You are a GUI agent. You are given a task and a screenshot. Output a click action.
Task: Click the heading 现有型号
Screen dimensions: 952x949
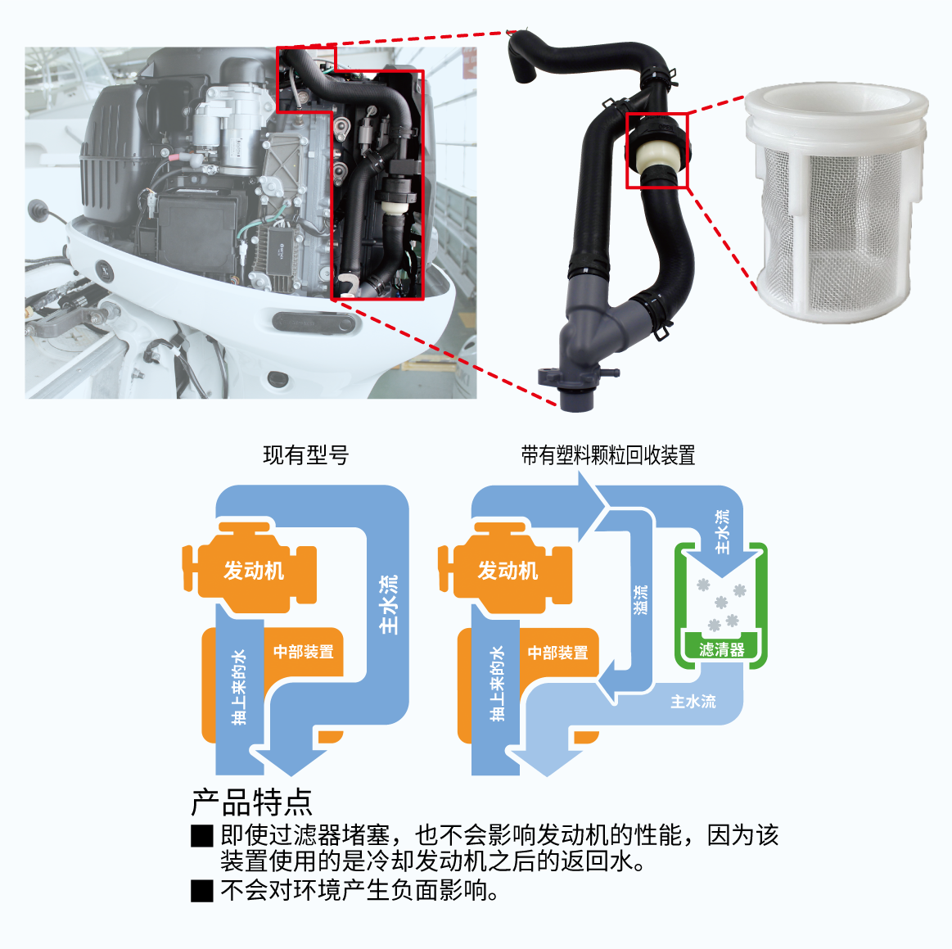[305, 455]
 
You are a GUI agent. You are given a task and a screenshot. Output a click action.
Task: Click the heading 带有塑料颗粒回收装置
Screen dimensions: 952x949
[607, 455]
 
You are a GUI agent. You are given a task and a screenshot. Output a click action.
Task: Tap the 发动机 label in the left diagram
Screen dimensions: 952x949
[254, 571]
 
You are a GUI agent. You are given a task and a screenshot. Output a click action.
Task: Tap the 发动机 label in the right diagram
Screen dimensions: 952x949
[508, 571]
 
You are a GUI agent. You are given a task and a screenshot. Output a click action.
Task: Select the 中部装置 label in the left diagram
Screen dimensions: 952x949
[304, 652]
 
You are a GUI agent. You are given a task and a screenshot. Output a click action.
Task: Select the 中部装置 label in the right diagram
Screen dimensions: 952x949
[558, 653]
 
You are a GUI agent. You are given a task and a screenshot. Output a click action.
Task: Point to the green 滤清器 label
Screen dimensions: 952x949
[722, 649]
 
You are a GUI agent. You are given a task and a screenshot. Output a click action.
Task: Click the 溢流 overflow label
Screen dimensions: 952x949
[641, 600]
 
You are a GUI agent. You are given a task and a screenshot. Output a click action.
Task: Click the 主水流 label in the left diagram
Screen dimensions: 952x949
[388, 604]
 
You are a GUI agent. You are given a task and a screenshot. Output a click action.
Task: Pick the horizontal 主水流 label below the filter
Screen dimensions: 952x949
[693, 702]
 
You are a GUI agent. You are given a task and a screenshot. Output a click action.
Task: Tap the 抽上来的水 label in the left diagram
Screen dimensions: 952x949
[239, 687]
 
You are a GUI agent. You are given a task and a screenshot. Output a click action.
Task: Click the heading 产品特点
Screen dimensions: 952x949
[251, 802]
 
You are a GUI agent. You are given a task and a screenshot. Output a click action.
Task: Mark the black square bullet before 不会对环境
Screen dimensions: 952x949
[202, 891]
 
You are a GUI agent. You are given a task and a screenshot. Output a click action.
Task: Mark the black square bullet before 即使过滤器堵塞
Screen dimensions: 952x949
[202, 835]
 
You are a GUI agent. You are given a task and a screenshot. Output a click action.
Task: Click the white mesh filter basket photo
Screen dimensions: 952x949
[836, 201]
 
